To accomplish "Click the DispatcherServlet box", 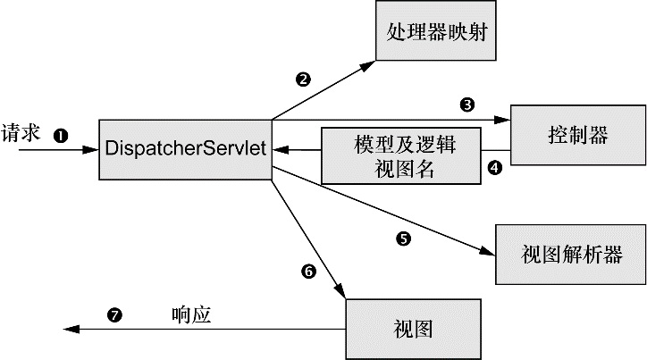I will (185, 148).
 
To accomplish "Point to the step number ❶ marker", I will (62, 136).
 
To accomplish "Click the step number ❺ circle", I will (402, 239).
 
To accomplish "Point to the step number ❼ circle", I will (113, 314).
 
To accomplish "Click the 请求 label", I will (21, 132).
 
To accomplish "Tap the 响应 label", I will (191, 314).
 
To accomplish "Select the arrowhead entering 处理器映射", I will (368, 65).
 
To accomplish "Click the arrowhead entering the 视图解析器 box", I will (489, 254).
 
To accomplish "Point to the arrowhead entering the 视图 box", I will (340, 289).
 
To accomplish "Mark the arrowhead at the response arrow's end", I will (70, 330).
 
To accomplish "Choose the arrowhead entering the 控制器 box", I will (503, 119).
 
